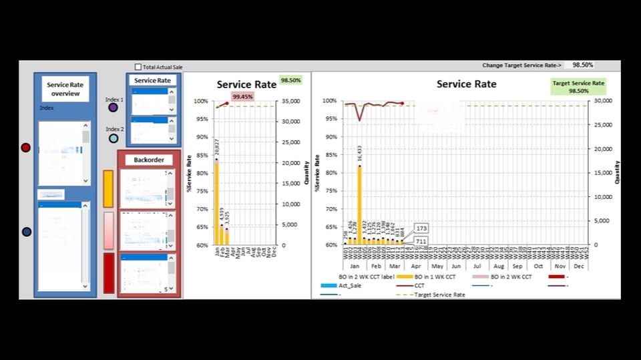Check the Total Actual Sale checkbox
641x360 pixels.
[138, 67]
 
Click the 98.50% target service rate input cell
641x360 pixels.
[578, 65]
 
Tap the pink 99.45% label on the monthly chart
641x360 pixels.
[242, 97]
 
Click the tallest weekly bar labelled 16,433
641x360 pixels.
[360, 204]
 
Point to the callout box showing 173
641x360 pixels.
[421, 228]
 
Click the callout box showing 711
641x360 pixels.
[421, 240]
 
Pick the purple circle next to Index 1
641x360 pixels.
[113, 107]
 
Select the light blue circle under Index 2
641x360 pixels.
[114, 138]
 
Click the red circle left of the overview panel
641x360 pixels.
[25, 148]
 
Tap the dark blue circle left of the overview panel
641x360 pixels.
[27, 232]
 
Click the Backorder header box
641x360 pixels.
[148, 160]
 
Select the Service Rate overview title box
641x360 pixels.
[65, 89]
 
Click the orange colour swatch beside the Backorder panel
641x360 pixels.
[108, 188]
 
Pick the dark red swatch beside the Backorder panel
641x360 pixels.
[108, 273]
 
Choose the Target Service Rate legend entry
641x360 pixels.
[440, 295]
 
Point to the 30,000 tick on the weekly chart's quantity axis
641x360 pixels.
[604, 101]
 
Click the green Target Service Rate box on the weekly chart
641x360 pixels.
[579, 87]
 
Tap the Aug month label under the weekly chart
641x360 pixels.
[499, 266]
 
